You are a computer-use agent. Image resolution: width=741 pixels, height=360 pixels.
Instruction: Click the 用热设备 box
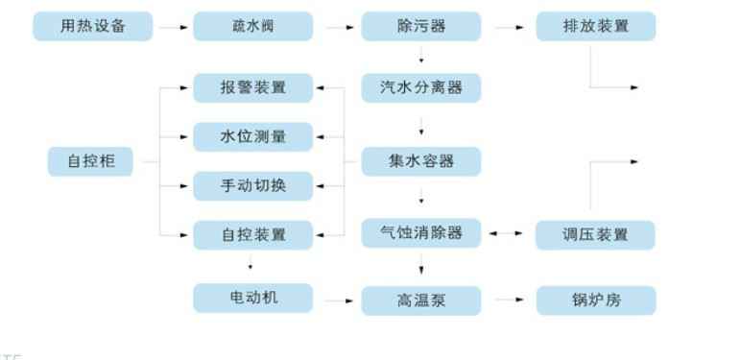[92, 27]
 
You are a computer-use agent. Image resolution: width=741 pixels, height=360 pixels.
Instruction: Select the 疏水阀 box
[253, 27]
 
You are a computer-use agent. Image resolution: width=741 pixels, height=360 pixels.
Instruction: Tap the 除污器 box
[420, 27]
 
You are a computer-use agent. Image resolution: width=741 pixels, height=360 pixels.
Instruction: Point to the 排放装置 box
[595, 27]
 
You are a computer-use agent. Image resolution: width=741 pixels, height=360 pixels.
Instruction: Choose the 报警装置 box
[253, 88]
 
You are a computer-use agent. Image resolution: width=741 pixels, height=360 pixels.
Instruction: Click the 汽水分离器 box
[420, 88]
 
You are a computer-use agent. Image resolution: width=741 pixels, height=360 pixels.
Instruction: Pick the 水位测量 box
[253, 136]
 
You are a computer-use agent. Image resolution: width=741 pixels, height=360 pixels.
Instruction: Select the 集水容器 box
[420, 161]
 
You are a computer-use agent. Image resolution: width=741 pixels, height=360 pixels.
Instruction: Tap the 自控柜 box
[92, 161]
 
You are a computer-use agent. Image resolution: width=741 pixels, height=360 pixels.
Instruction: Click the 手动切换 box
[253, 185]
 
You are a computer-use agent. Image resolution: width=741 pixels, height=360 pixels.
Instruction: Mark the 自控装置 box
[253, 233]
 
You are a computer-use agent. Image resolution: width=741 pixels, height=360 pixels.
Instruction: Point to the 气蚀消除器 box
[420, 233]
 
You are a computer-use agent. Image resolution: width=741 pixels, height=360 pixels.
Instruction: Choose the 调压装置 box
[595, 233]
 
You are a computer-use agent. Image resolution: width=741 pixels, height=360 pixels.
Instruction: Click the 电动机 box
[253, 298]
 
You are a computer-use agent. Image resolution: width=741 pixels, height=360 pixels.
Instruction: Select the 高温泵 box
[420, 300]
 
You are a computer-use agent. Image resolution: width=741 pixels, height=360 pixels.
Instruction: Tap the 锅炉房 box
[595, 300]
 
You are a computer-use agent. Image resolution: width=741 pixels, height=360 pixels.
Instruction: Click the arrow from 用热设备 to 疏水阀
[173, 28]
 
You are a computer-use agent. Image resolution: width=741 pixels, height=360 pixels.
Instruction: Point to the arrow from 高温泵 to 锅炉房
[507, 300]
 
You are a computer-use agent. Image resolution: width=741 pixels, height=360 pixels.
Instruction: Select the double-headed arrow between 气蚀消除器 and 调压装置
[507, 233]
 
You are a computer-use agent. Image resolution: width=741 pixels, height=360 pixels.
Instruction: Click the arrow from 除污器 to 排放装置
[507, 28]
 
